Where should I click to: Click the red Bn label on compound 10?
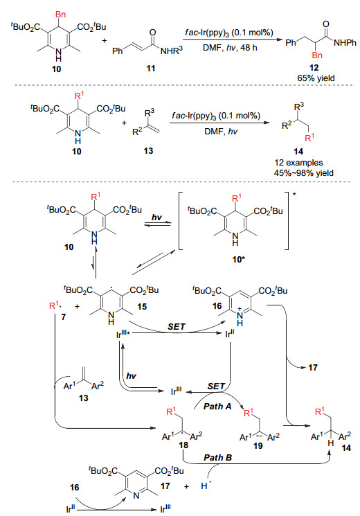[60, 15]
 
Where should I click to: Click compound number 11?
[151, 69]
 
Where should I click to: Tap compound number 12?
[314, 67]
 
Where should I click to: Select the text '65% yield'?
[316, 78]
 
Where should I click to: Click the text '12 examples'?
[299, 163]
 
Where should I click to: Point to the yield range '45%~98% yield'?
[304, 172]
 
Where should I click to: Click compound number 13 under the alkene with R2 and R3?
[148, 151]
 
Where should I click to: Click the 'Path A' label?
[217, 407]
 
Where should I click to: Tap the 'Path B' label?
[218, 457]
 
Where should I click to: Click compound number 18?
[183, 445]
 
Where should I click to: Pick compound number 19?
[258, 445]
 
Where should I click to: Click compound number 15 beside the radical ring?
[142, 306]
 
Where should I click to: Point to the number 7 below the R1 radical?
[63, 317]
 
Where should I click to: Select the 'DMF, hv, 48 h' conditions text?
[230, 48]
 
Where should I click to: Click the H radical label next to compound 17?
[205, 486]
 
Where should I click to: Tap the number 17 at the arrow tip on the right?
[313, 367]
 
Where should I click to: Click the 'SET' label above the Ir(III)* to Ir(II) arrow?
[177, 327]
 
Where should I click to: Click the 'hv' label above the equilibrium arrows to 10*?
[156, 217]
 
